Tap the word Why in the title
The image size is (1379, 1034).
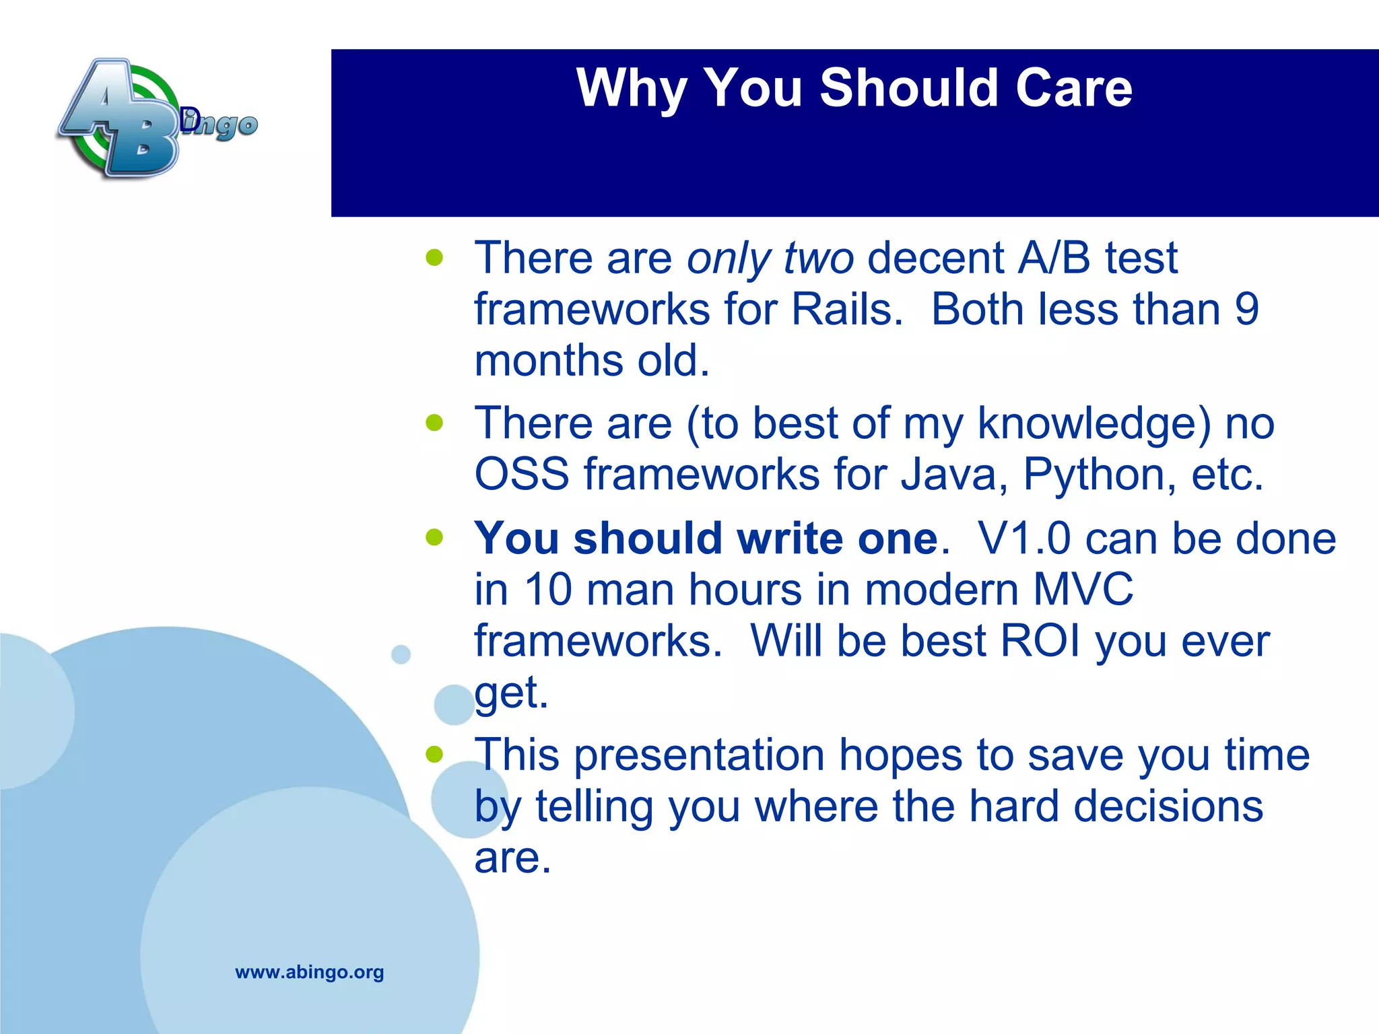632,89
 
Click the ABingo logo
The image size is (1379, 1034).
158,118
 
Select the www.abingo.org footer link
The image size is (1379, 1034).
310,972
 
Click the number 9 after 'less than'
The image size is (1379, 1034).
1246,310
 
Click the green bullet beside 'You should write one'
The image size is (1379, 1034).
435,537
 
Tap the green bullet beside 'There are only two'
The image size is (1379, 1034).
435,257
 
